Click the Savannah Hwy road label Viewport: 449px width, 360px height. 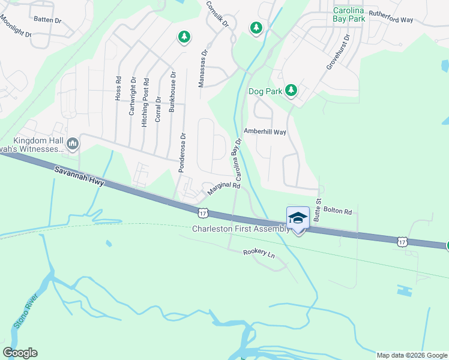[79, 177]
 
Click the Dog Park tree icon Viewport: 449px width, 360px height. [292, 90]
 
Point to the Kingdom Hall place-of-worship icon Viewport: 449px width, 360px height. [73, 143]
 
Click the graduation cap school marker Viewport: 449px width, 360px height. [298, 218]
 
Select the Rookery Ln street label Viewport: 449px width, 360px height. [259, 254]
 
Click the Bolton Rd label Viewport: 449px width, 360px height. [337, 212]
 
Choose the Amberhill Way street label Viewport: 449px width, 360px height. [265, 131]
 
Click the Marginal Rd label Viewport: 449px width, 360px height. [223, 189]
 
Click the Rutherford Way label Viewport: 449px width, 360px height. [391, 20]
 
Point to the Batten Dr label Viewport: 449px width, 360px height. [47, 20]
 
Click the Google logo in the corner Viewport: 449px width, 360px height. [20, 352]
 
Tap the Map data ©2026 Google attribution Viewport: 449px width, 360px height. [411, 355]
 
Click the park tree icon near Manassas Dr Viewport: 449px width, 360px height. [184, 37]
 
